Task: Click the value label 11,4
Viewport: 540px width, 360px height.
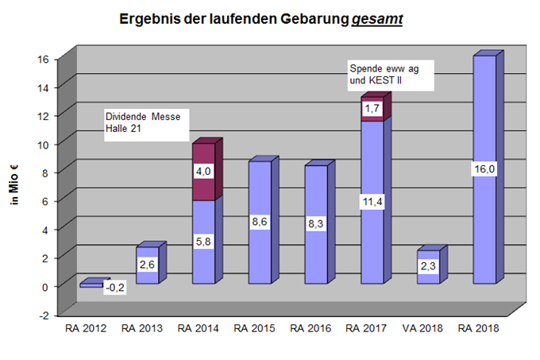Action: [372, 202]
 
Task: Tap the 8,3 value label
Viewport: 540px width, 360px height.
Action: [317, 224]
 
